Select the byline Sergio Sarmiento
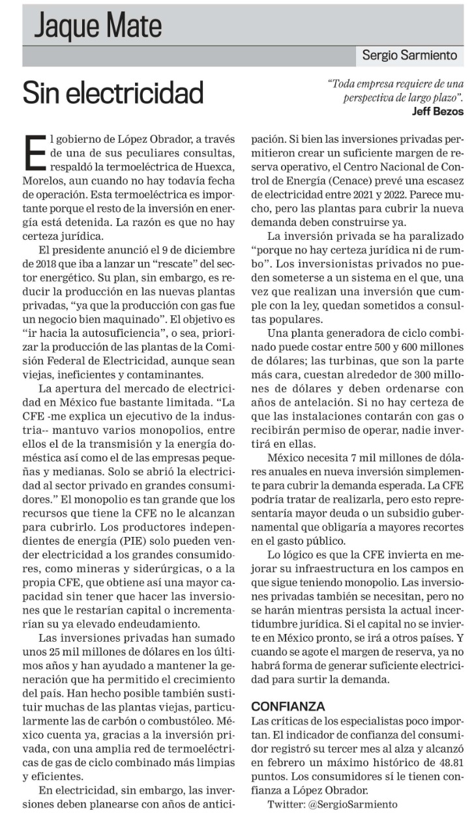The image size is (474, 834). coord(409,56)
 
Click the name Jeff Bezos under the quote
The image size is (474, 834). coord(437,111)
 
